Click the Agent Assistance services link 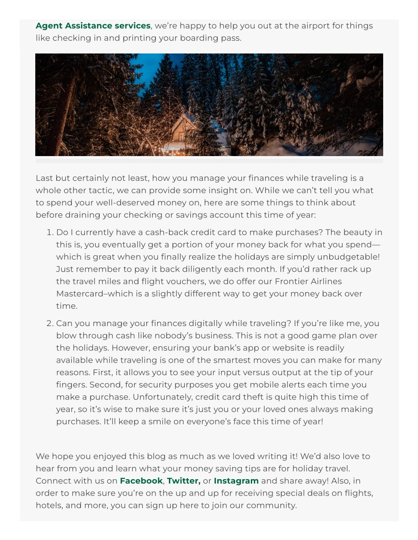93,26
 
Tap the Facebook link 141,481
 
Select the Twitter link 183,481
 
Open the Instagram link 236,481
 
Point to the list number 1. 50,233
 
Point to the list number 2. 50,323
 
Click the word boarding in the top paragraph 185,38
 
